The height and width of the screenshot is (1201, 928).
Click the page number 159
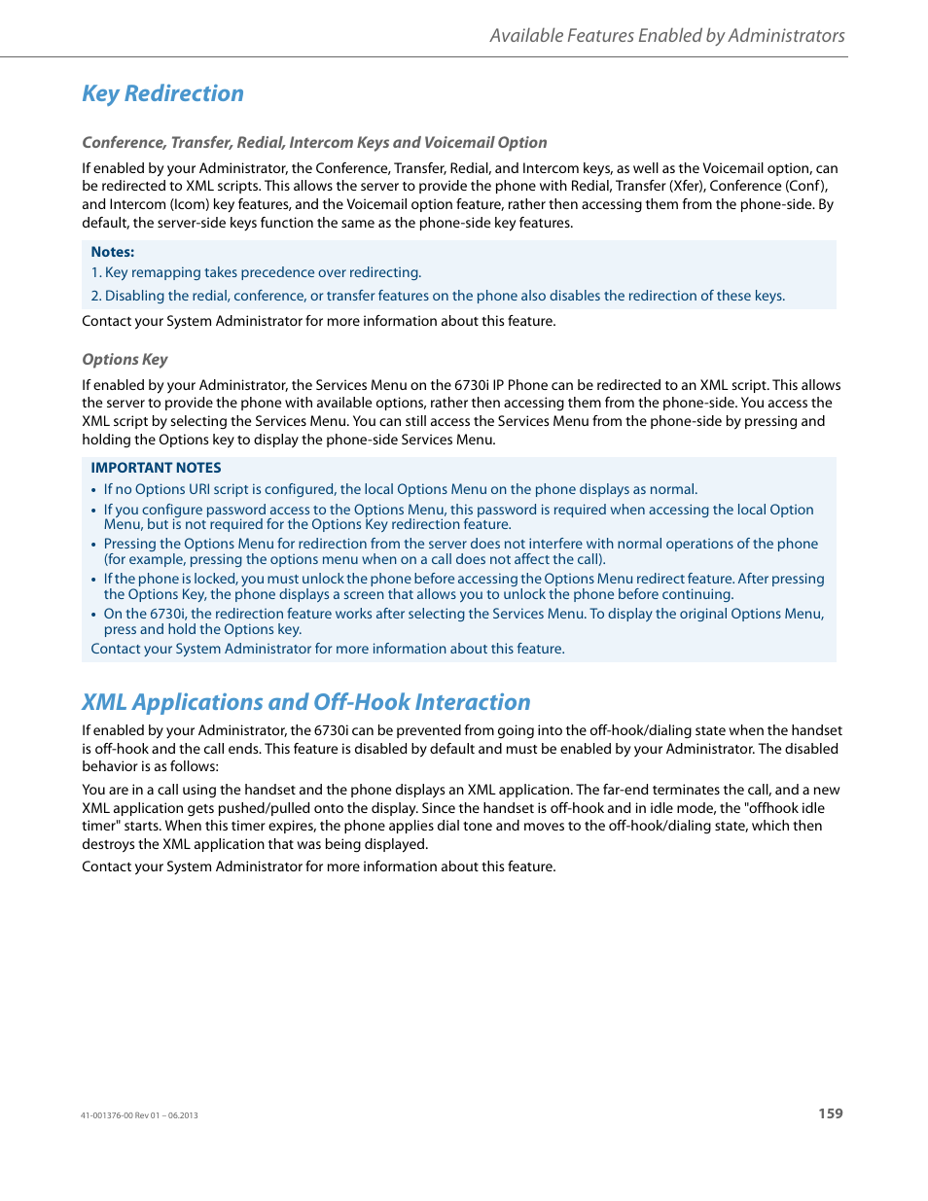coord(830,1113)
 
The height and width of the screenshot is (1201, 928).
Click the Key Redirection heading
coord(162,93)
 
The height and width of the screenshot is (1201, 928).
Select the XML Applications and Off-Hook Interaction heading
coord(306,702)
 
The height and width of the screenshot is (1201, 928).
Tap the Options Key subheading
coord(125,359)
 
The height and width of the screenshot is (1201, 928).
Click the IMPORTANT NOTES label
coord(156,468)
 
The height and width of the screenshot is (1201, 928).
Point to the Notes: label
coord(112,252)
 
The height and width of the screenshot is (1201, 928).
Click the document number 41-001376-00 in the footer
coord(106,1115)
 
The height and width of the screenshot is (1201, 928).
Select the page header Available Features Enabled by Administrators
coord(666,36)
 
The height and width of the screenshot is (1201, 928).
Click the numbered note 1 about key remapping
coord(256,273)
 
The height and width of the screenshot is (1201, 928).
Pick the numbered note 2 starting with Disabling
coord(438,296)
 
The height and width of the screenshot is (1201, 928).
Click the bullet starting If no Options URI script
coord(400,489)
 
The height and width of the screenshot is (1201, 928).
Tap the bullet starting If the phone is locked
coord(463,586)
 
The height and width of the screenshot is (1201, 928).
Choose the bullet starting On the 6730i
coord(463,621)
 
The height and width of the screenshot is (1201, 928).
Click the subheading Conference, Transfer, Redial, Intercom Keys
coord(314,142)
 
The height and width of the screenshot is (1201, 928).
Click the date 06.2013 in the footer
coord(183,1115)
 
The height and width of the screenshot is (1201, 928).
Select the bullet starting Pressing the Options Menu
coord(460,551)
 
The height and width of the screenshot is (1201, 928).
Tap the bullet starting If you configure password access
coord(458,516)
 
